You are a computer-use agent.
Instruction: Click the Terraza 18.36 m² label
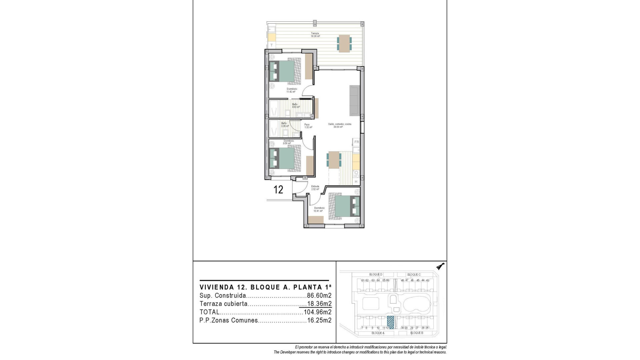click(315, 35)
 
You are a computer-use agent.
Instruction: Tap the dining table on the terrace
click(344, 44)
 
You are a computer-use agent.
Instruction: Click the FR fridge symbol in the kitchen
click(356, 142)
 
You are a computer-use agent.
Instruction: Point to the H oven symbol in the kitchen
click(356, 182)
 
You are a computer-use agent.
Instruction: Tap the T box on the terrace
click(272, 45)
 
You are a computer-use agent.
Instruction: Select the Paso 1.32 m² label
click(308, 126)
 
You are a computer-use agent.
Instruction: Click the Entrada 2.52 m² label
click(315, 188)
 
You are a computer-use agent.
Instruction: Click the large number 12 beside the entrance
click(278, 190)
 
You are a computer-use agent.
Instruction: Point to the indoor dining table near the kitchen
click(334, 160)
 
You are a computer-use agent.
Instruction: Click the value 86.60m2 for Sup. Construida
click(319, 296)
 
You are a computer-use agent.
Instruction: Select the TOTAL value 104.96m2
click(317, 312)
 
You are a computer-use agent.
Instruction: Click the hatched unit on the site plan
click(390, 322)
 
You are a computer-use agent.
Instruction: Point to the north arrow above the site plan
click(441, 266)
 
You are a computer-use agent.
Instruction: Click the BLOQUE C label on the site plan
click(414, 275)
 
